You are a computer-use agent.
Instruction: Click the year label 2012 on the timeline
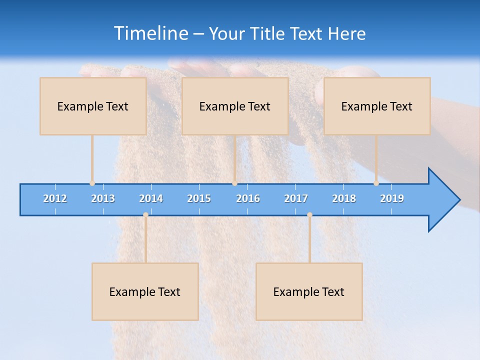pos(55,198)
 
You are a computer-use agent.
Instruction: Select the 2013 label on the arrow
pos(103,198)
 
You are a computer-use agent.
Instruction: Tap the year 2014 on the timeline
pos(151,198)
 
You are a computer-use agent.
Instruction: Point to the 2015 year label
pos(199,198)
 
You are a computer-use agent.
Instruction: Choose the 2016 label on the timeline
pos(248,198)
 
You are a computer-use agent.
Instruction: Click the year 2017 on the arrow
pos(296,198)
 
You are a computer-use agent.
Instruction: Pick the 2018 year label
pos(344,198)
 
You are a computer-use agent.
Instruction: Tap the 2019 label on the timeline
pos(392,198)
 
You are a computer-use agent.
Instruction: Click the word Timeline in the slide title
pos(150,33)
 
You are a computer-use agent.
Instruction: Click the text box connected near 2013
pos(93,106)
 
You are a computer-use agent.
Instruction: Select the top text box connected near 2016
pos(235,106)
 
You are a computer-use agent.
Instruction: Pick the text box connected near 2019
pos(377,106)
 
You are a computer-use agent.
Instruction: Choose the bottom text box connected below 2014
pos(145,291)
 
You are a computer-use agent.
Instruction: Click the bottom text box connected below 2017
pos(309,291)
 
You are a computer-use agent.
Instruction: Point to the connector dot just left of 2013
pos(92,183)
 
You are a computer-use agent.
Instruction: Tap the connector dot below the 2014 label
pos(145,214)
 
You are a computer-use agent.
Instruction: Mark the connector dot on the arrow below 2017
pos(309,214)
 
